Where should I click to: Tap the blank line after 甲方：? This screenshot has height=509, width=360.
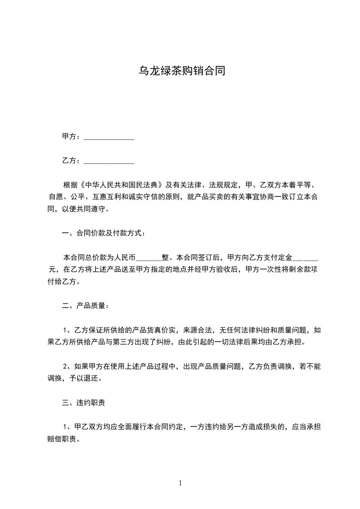coord(109,137)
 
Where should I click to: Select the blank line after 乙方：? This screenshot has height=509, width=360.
coord(109,161)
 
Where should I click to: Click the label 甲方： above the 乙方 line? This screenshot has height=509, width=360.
coord(71,137)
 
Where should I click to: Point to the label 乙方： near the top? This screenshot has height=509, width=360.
coord(71,161)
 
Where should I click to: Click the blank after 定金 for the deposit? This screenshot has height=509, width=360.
coord(306,258)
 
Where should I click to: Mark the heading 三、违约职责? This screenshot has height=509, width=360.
coord(84,402)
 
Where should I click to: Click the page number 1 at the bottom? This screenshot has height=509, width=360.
coord(181,483)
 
